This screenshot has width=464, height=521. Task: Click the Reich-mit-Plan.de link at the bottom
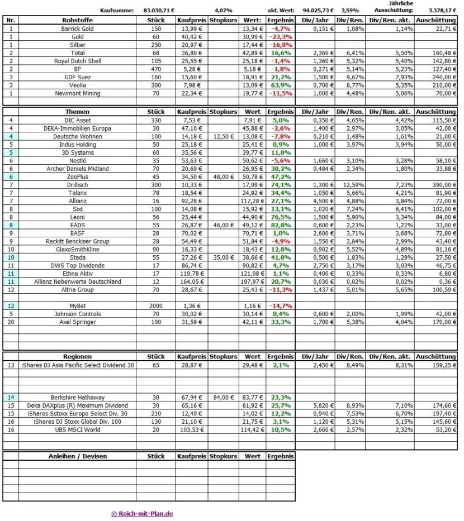point(142,514)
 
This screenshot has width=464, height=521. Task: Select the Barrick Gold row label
point(77,28)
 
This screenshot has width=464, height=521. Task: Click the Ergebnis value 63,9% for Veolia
point(281,85)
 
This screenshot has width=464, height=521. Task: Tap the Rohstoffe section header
point(77,20)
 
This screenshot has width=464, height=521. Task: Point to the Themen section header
point(77,112)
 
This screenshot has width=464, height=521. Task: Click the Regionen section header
point(77,356)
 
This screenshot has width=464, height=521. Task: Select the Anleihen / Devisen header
point(77,456)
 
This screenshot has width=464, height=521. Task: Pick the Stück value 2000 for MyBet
point(155,307)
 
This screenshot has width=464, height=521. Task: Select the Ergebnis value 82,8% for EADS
point(281,226)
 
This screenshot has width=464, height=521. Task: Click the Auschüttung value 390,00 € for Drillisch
point(438,185)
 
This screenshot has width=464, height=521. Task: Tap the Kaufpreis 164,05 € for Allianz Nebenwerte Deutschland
point(191,282)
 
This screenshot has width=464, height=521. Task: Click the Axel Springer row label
point(77,323)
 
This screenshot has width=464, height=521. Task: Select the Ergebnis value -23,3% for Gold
point(281,36)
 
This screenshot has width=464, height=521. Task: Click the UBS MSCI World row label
point(77,429)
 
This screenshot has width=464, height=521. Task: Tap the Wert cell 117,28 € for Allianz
point(253,201)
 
